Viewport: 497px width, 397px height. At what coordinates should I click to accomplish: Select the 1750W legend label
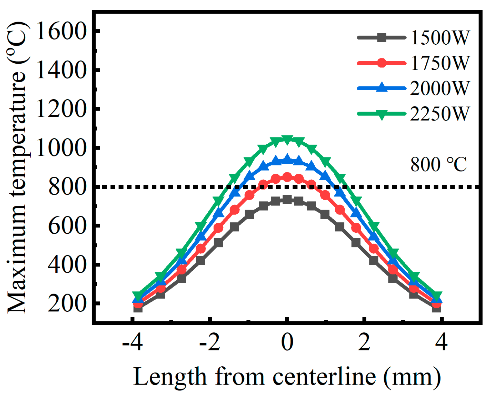pos(439,63)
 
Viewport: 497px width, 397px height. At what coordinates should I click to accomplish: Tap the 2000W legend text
pos(439,88)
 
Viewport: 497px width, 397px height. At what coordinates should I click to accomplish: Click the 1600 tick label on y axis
pos(61,31)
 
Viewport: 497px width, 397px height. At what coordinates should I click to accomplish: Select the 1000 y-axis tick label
pos(61,148)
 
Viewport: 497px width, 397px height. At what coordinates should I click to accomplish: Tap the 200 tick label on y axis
pos(67,304)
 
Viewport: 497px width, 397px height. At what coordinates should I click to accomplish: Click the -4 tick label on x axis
pos(133,342)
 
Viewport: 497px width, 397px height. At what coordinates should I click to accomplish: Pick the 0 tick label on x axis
pos(287,342)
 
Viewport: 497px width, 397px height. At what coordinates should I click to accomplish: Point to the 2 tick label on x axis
pos(364,342)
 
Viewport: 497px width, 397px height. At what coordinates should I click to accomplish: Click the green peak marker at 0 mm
pos(287,139)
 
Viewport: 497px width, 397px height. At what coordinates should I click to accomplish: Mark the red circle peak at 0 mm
pos(287,177)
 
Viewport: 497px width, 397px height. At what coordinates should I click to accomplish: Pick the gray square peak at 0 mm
pos(287,200)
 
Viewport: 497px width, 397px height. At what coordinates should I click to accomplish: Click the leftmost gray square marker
pos(138,308)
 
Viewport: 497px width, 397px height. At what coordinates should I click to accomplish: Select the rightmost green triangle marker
pos(437,295)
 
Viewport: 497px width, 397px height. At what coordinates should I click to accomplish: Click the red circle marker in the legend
pos(382,63)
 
